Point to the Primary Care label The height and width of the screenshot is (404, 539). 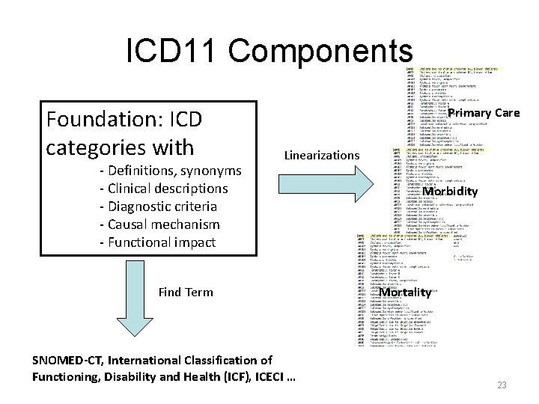pos(483,113)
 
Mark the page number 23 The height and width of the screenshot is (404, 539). pos(502,385)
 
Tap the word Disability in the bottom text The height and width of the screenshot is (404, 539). pos(139,376)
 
